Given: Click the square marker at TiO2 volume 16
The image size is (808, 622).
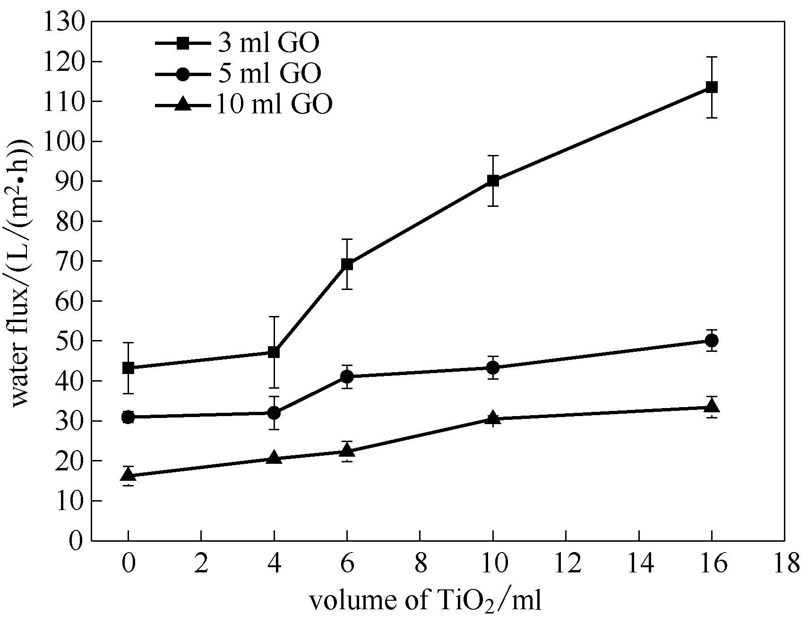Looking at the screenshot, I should (x=712, y=87).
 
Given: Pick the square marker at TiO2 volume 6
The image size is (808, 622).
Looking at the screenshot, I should (x=347, y=264).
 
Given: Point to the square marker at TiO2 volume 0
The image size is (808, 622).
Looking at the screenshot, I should (x=128, y=368).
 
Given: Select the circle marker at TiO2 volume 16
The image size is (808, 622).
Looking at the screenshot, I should (x=712, y=341).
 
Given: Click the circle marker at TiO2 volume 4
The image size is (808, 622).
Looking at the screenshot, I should (x=274, y=413).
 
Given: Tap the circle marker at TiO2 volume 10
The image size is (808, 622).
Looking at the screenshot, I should (x=493, y=367).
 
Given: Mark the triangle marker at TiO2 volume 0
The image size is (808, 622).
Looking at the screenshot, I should (x=128, y=475).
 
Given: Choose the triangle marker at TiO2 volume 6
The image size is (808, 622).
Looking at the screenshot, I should (x=347, y=451).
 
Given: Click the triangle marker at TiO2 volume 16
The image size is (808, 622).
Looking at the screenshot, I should (x=712, y=406).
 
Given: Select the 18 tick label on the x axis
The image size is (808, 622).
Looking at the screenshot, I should (x=784, y=563).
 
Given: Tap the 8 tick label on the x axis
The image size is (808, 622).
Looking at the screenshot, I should (x=420, y=563).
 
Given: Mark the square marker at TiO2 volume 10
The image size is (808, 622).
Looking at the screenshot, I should (x=493, y=180).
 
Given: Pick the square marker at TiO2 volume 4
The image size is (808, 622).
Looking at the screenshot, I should (x=274, y=352).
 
